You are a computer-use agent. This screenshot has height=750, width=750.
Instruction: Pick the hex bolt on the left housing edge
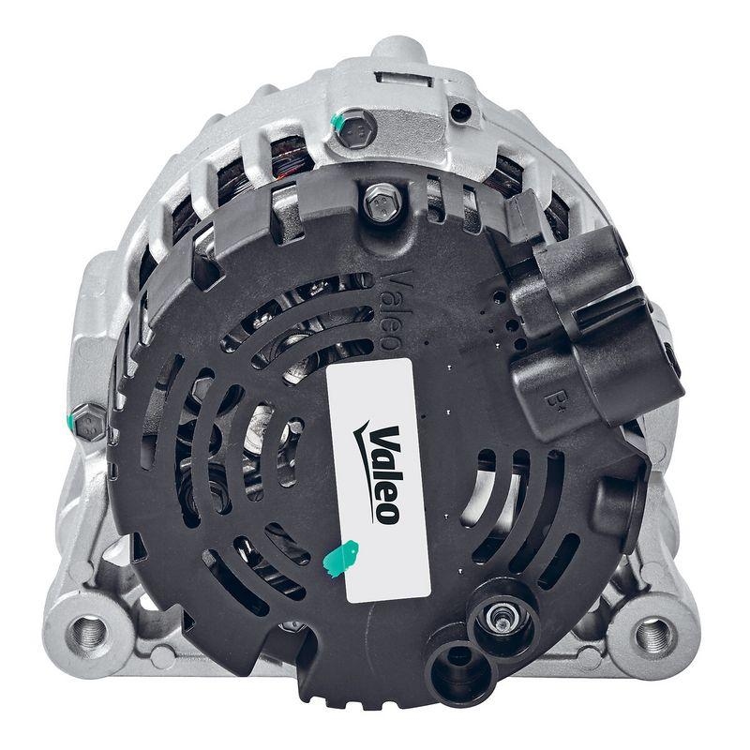coord(88,423)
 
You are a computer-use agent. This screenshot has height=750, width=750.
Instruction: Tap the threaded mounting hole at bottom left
coord(89,631)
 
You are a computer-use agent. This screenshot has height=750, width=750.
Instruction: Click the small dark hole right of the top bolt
coord(460,112)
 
